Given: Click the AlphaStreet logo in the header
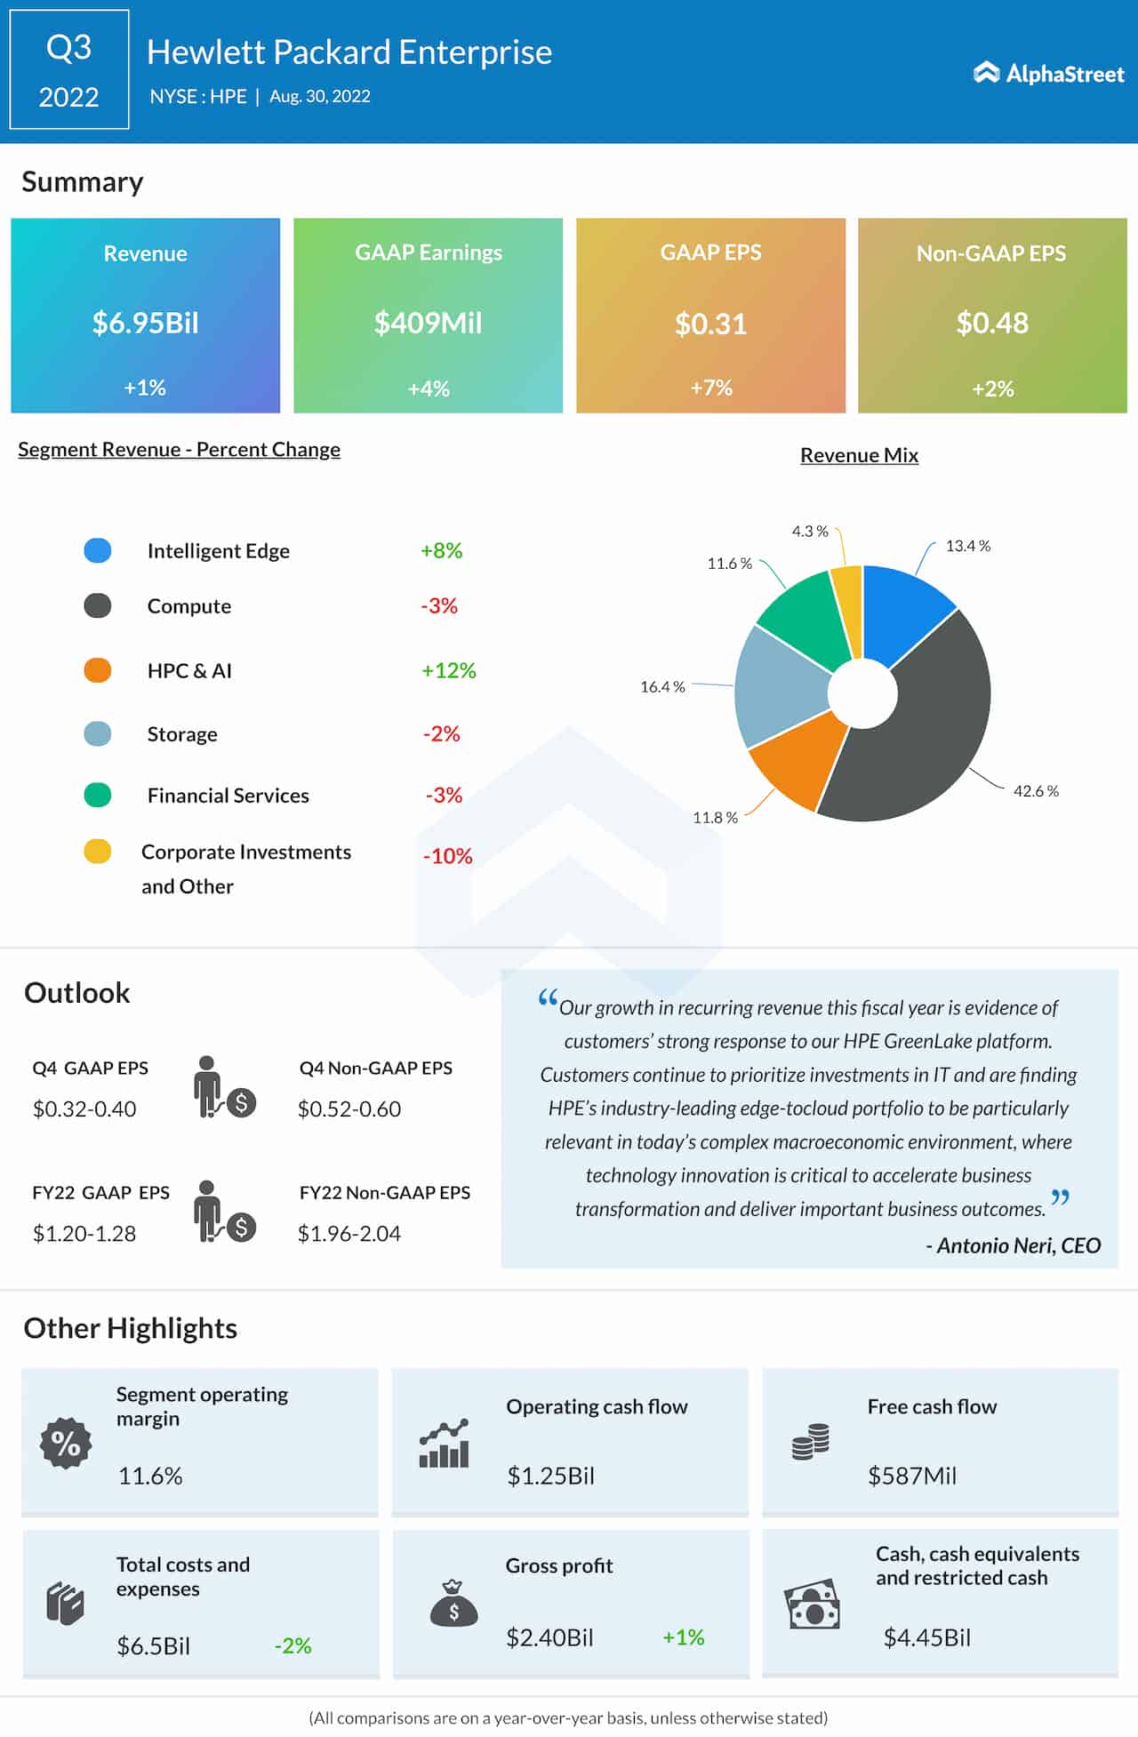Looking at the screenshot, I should pyautogui.click(x=1049, y=73).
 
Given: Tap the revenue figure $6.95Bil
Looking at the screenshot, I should pyautogui.click(x=145, y=323).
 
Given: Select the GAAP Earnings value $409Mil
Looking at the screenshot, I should pyautogui.click(x=428, y=323).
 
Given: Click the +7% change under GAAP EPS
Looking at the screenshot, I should pyautogui.click(x=711, y=388).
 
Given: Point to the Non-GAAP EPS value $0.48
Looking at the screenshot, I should pyautogui.click(x=992, y=323).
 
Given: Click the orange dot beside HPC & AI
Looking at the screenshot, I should pyautogui.click(x=98, y=670).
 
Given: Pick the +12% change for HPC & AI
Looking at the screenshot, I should pyautogui.click(x=449, y=670).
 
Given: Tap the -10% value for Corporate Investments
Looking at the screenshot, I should pyautogui.click(x=447, y=856).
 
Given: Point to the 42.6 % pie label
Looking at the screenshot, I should pyautogui.click(x=1036, y=791).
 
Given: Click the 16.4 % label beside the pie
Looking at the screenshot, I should pyautogui.click(x=662, y=687).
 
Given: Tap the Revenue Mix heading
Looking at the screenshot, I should pyautogui.click(x=859, y=455).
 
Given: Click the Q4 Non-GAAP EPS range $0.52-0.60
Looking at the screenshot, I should pyautogui.click(x=349, y=1109).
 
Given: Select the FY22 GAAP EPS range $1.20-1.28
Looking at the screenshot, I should pyautogui.click(x=84, y=1234).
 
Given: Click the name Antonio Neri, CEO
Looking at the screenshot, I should pyautogui.click(x=1014, y=1245).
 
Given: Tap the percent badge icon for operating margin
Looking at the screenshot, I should pyautogui.click(x=66, y=1443).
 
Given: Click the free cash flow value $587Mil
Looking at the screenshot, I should pyautogui.click(x=912, y=1477).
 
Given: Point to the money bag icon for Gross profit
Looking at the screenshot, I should pyautogui.click(x=453, y=1604).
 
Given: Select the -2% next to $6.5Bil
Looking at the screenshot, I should pyautogui.click(x=293, y=1646).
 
